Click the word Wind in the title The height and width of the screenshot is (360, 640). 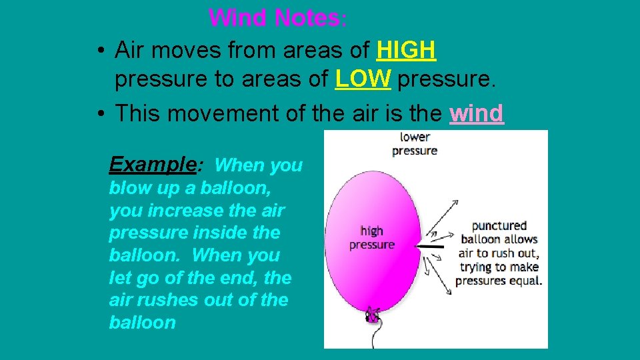click(236, 17)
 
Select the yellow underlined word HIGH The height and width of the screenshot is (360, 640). click(406, 49)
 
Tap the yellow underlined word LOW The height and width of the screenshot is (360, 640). click(363, 80)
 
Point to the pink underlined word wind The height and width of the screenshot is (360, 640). click(476, 113)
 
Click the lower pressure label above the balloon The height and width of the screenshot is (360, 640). click(415, 144)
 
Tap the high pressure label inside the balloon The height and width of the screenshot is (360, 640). click(371, 237)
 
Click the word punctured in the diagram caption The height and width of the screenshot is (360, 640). click(499, 226)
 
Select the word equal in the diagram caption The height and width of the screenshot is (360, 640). click(526, 280)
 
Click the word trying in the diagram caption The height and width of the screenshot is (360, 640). click(475, 267)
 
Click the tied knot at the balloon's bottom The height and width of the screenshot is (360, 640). click(373, 315)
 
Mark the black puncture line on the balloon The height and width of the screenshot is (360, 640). click(431, 247)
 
